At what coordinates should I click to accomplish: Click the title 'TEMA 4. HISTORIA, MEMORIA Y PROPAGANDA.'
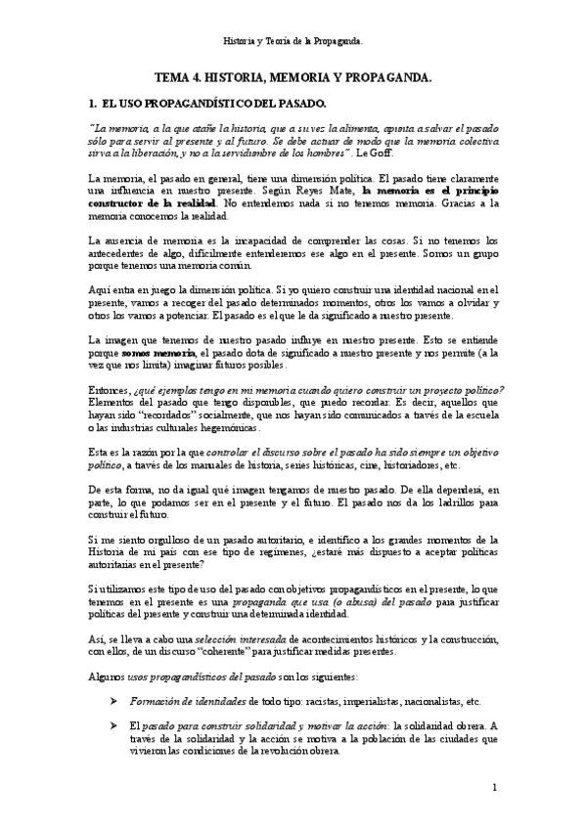293,75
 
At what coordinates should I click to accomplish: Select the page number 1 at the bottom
495,787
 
